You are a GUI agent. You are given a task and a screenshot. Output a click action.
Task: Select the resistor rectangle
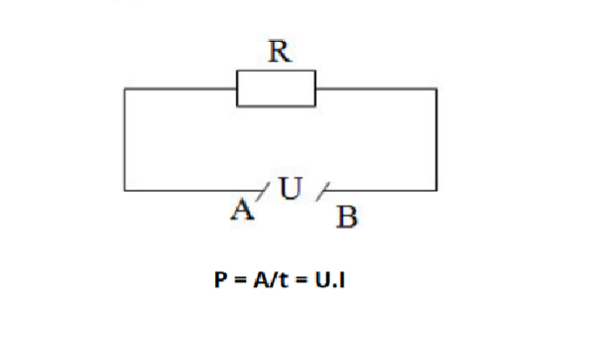(x=276, y=88)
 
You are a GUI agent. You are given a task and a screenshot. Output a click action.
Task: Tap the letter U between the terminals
(x=290, y=186)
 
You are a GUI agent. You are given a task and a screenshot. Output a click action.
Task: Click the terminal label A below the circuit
(x=240, y=209)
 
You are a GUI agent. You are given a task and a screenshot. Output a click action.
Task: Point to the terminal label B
(x=346, y=216)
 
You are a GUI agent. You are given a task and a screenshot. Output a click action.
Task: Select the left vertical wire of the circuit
(x=125, y=140)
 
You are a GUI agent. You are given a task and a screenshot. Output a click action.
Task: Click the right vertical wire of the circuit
(x=436, y=140)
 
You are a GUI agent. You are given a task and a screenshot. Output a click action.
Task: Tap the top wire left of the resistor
(x=179, y=89)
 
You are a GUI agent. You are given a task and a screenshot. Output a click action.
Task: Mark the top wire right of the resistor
(x=376, y=89)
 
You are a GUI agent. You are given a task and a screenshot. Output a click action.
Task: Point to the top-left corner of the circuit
(x=125, y=89)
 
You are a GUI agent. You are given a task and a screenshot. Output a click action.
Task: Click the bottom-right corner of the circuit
(x=436, y=189)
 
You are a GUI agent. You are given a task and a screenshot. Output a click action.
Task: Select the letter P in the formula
(x=211, y=281)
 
